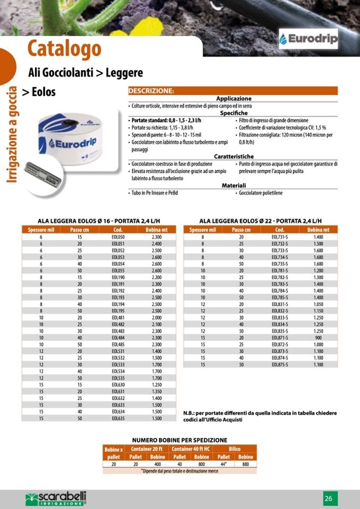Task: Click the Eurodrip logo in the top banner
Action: coord(308,39)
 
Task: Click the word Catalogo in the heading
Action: coord(64,49)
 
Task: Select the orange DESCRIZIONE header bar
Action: coord(233,91)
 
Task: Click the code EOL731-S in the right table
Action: coord(280,237)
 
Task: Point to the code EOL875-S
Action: coord(280,365)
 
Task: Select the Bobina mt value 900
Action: coord(318,337)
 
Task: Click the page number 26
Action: coord(329,498)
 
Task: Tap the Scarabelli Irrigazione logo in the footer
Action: coord(56,498)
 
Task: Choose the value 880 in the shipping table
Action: coord(245,464)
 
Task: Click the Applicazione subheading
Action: coord(233,99)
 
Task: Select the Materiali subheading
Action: coord(233,185)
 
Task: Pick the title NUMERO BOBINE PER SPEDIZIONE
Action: coord(179,440)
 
